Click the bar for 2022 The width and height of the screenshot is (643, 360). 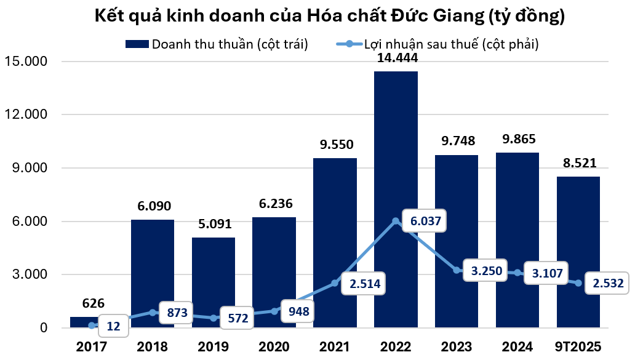[396, 154]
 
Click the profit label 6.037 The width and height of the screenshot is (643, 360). [423, 220]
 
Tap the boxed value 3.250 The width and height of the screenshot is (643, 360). [482, 270]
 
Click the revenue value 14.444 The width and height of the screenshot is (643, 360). [396, 59]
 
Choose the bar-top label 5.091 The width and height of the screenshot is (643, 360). [213, 225]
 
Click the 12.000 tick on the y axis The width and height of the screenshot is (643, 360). [27, 114]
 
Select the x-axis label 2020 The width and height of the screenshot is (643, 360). [274, 345]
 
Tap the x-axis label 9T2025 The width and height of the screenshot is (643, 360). [578, 345]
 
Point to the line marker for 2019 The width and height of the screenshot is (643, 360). [213, 318]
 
